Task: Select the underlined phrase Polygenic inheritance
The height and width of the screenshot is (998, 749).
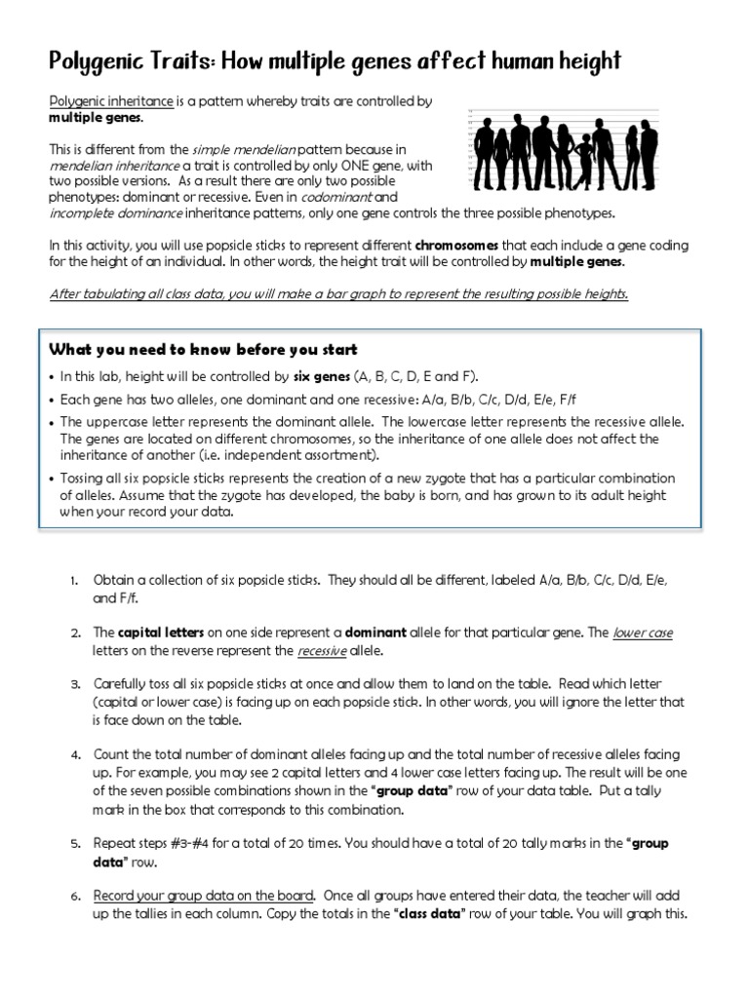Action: pyautogui.click(x=111, y=101)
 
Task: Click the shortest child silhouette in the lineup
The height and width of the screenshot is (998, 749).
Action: pyautogui.click(x=584, y=161)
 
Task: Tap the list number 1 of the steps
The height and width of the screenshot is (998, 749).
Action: pyautogui.click(x=74, y=581)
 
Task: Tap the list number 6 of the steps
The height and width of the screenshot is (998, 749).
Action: pyautogui.click(x=74, y=895)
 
